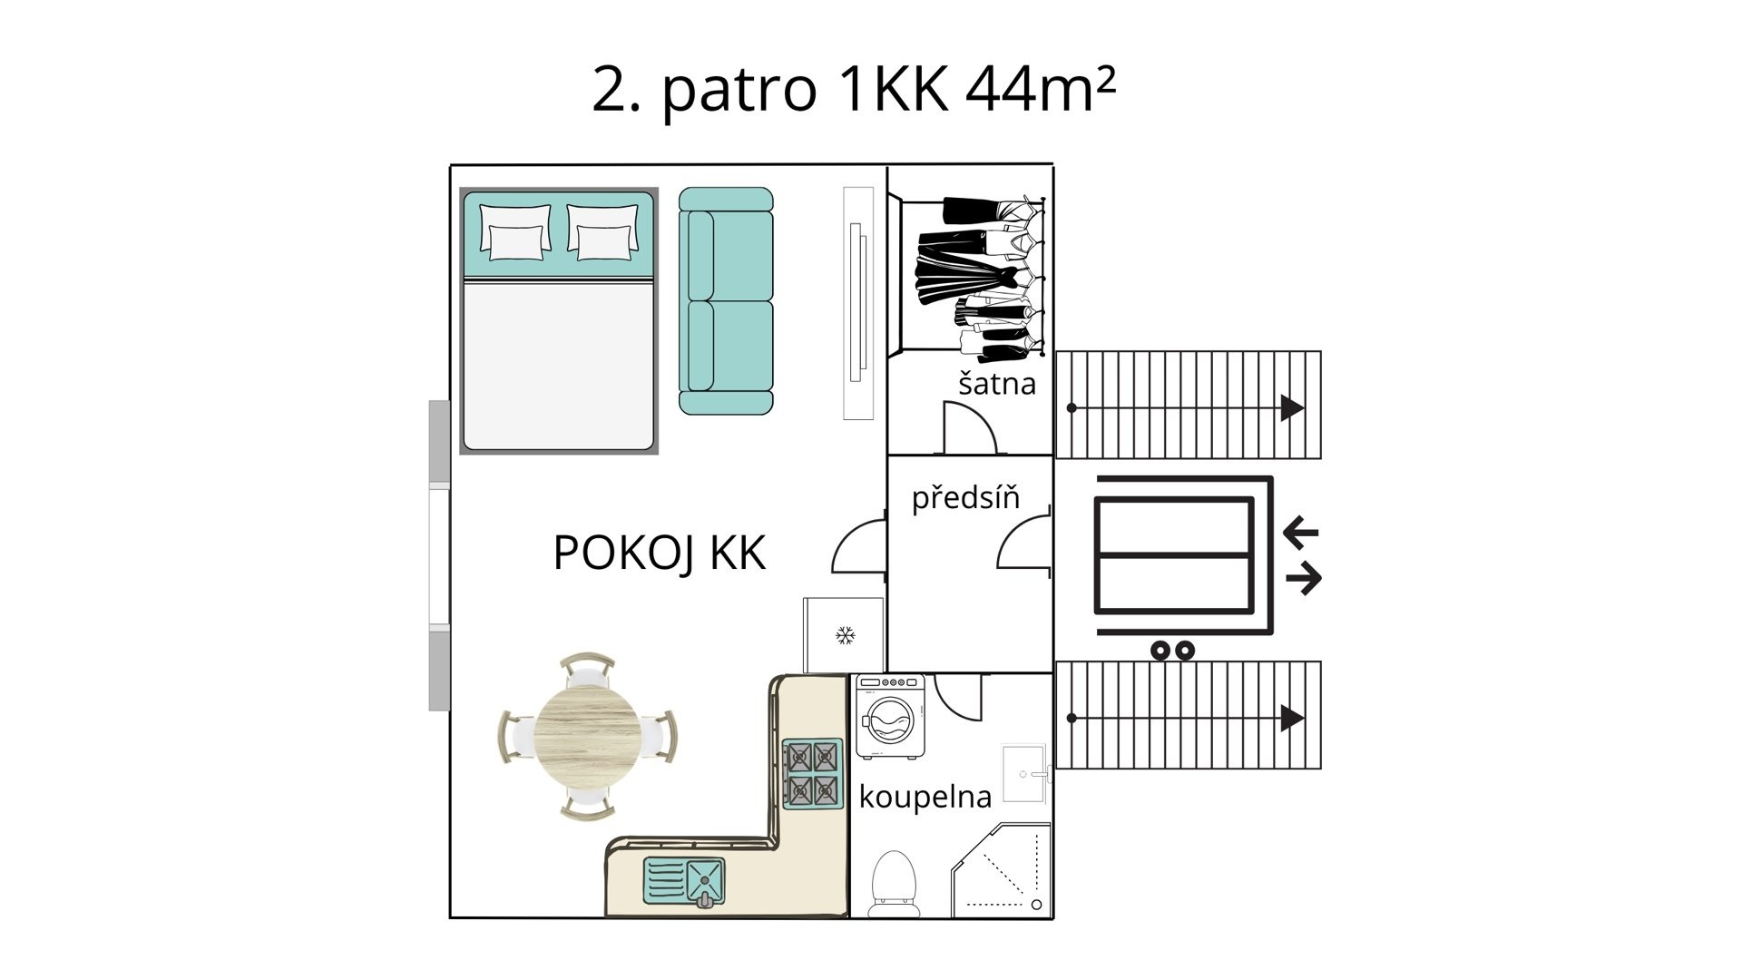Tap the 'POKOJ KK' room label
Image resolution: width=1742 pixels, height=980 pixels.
coord(660,553)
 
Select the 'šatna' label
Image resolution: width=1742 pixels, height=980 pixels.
coord(997,383)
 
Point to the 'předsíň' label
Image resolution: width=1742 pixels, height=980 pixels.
coord(965,497)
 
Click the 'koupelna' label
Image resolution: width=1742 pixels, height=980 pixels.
coord(925,797)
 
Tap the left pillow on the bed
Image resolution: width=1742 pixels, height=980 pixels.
coord(515,231)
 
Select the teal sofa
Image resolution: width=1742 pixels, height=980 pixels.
coord(726,301)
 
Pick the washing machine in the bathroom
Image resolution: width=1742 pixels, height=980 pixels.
coord(890,717)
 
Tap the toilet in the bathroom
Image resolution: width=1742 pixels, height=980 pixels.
coord(895,884)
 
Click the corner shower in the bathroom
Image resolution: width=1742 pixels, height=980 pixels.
coord(1002,871)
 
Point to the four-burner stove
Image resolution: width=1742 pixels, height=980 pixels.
coord(812,773)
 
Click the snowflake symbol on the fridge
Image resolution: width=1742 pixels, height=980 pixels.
coord(845,635)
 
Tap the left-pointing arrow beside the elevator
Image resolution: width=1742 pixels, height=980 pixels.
coord(1301,532)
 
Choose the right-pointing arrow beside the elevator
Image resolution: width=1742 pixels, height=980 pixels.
coord(1304,578)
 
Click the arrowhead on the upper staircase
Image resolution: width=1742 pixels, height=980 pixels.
coord(1292,408)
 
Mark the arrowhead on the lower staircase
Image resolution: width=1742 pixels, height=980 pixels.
coord(1292,719)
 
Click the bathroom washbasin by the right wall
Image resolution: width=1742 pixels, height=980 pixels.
coord(1026,773)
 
